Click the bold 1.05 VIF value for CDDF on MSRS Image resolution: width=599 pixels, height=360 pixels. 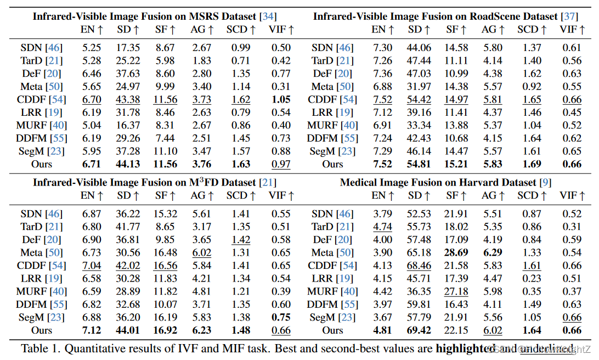[281, 99]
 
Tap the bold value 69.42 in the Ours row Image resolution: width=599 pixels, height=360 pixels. [419, 330]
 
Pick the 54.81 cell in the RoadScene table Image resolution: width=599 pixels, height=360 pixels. [419, 164]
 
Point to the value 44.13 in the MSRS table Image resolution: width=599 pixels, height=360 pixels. [128, 164]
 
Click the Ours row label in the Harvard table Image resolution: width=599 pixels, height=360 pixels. [332, 330]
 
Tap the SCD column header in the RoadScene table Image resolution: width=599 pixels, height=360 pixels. [532, 30]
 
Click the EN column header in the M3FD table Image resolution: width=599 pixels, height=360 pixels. [92, 195]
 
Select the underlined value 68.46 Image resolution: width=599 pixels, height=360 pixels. [419, 266]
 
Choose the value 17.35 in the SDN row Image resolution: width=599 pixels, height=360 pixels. [128, 48]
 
